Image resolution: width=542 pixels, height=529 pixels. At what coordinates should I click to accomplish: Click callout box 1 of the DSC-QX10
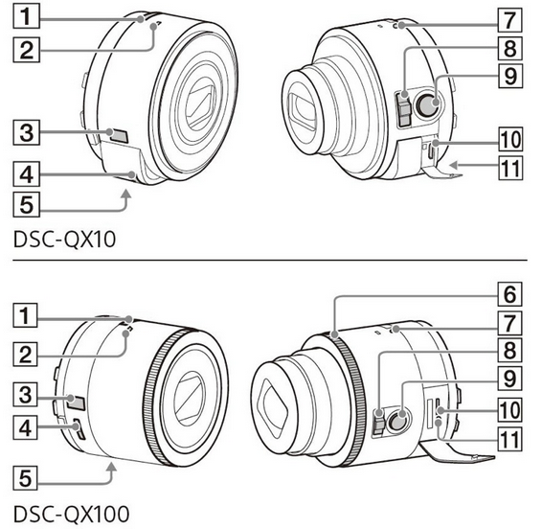pyautogui.click(x=27, y=17)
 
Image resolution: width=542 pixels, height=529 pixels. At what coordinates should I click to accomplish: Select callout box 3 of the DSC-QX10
pyautogui.click(x=27, y=132)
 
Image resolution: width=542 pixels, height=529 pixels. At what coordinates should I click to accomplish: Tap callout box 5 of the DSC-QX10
pyautogui.click(x=27, y=204)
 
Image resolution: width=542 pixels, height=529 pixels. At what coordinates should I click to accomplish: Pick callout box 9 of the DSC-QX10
pyautogui.click(x=510, y=76)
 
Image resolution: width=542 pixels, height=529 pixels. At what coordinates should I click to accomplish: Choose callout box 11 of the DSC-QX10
pyautogui.click(x=510, y=168)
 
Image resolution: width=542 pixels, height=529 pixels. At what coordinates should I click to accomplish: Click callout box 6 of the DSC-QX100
pyautogui.click(x=509, y=294)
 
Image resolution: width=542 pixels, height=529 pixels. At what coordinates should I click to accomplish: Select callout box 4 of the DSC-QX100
pyautogui.click(x=25, y=427)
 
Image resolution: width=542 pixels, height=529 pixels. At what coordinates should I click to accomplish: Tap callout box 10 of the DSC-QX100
pyautogui.click(x=509, y=409)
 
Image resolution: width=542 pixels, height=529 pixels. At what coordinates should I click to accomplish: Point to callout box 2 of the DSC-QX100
pyautogui.click(x=25, y=355)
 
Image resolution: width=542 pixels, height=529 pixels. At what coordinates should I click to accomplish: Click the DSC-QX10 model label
pyautogui.click(x=64, y=239)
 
